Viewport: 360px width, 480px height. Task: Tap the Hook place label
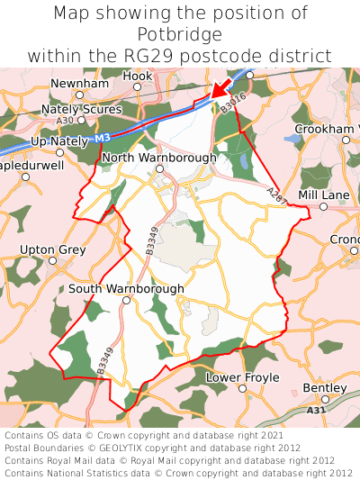[x=138, y=77]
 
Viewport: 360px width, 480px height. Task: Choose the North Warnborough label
[x=159, y=158]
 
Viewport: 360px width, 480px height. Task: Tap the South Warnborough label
[x=126, y=288]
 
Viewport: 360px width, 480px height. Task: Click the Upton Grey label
[x=51, y=249]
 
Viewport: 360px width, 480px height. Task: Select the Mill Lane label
[x=323, y=195]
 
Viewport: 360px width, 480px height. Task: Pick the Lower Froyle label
[x=243, y=377]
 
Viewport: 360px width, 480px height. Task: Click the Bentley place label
[x=324, y=387]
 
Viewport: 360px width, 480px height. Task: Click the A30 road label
[x=64, y=120]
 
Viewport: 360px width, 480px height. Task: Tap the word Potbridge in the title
[x=180, y=34]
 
